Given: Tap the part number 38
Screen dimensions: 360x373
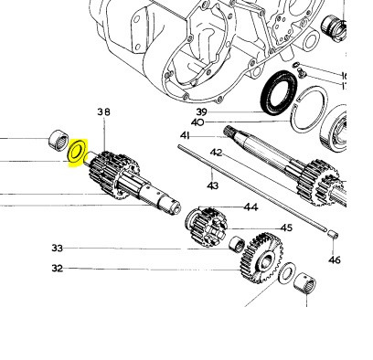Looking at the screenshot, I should pyautogui.click(x=103, y=112).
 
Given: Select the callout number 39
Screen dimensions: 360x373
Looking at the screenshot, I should pyautogui.click(x=201, y=111).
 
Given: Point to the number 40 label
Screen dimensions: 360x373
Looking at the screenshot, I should pyautogui.click(x=197, y=122).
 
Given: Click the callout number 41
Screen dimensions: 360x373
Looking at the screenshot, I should pyautogui.click(x=185, y=136).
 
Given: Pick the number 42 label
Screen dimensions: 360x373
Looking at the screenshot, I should pyautogui.click(x=217, y=153).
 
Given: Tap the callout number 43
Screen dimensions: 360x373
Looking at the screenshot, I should pyautogui.click(x=212, y=186).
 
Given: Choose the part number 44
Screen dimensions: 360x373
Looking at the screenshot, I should pyautogui.click(x=251, y=207).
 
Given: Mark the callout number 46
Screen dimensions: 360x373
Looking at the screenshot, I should pyautogui.click(x=334, y=260).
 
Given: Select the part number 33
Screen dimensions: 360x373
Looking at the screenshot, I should pyautogui.click(x=58, y=249).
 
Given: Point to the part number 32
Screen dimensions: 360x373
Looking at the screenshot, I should pyautogui.click(x=58, y=269).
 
